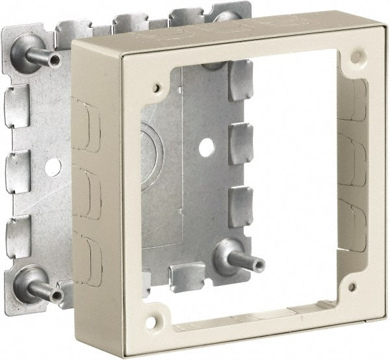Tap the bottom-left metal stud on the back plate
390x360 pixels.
tap(40, 289)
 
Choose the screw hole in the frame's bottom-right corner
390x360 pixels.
tap(352, 287)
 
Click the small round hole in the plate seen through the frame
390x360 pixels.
tap(206, 148)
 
